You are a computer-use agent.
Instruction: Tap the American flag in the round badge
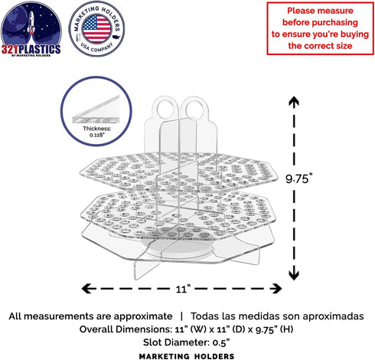click(x=96, y=28)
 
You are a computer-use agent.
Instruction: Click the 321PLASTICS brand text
click(x=31, y=49)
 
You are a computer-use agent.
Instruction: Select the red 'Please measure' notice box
click(x=320, y=28)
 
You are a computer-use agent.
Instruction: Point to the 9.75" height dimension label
click(x=298, y=178)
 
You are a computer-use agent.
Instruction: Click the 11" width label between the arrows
click(x=183, y=289)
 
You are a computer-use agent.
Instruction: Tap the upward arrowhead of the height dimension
click(x=294, y=101)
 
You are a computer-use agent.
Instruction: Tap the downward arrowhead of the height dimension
click(x=294, y=275)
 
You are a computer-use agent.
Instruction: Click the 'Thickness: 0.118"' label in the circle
click(x=96, y=132)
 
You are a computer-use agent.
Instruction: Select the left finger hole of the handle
click(x=165, y=110)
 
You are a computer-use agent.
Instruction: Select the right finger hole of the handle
click(x=194, y=110)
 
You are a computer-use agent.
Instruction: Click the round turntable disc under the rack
click(x=177, y=246)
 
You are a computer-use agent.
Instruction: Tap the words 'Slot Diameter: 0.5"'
click(x=187, y=342)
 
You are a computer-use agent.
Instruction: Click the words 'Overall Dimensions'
click(x=126, y=329)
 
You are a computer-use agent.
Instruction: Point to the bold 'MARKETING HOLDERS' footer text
click(x=187, y=356)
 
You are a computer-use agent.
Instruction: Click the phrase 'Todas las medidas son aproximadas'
click(x=277, y=316)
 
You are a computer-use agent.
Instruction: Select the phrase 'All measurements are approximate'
click(x=90, y=316)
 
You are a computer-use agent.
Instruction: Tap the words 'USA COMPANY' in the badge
click(x=96, y=47)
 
